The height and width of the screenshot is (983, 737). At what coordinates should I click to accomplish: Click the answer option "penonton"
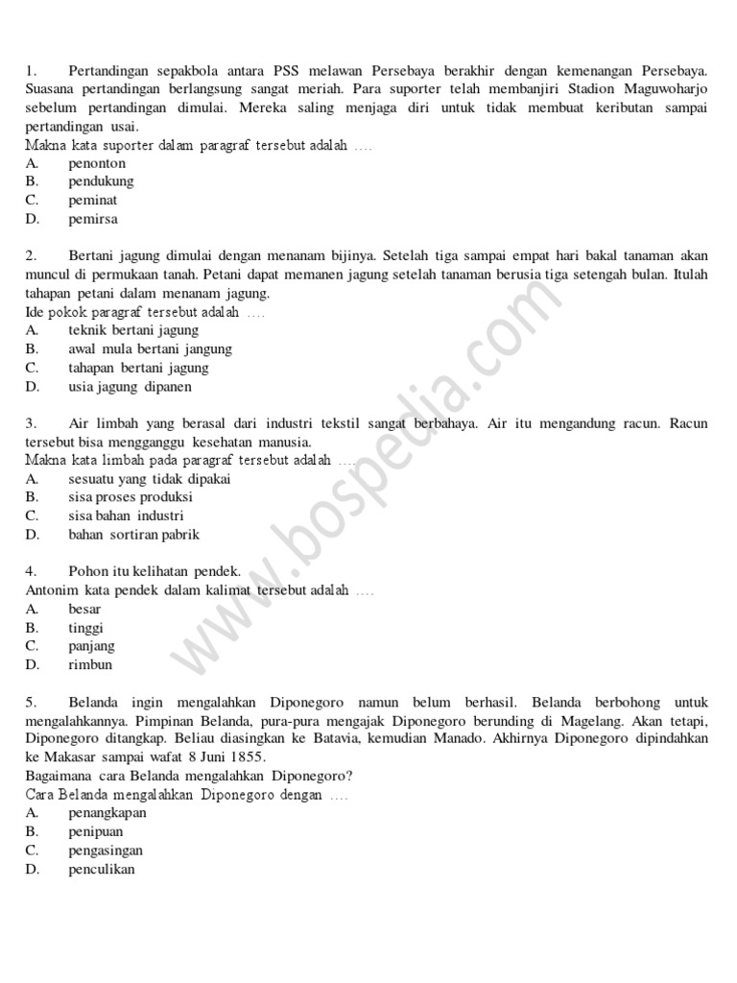pyautogui.click(x=97, y=163)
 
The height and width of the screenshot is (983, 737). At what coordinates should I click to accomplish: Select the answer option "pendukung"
pyautogui.click(x=101, y=181)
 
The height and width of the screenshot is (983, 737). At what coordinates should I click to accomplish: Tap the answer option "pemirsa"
pyautogui.click(x=93, y=219)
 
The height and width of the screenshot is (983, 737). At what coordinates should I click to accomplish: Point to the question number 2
pyautogui.click(x=31, y=255)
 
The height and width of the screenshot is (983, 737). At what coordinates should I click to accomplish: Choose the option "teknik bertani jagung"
pyautogui.click(x=133, y=330)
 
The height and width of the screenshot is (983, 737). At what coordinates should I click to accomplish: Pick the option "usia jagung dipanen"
pyautogui.click(x=130, y=387)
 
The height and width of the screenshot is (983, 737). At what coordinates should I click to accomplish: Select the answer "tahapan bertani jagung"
pyautogui.click(x=138, y=368)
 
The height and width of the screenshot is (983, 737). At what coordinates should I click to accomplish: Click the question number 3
pyautogui.click(x=31, y=422)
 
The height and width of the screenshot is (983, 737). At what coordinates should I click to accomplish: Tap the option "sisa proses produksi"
pyautogui.click(x=131, y=497)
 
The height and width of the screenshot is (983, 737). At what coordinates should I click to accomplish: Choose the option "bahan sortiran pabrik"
pyautogui.click(x=134, y=535)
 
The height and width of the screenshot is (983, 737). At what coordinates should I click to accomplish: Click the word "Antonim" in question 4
pyautogui.click(x=51, y=589)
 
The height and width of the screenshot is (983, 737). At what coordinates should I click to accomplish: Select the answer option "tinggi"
pyautogui.click(x=85, y=628)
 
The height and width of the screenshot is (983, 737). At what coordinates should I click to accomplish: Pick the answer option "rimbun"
pyautogui.click(x=90, y=664)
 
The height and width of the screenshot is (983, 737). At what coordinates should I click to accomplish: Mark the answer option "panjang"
pyautogui.click(x=91, y=646)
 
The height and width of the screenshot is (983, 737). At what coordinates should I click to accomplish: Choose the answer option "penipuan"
pyautogui.click(x=96, y=831)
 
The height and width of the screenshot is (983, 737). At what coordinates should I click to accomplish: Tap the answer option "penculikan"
pyautogui.click(x=102, y=869)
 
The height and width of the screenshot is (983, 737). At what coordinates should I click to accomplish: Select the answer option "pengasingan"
pyautogui.click(x=106, y=851)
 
